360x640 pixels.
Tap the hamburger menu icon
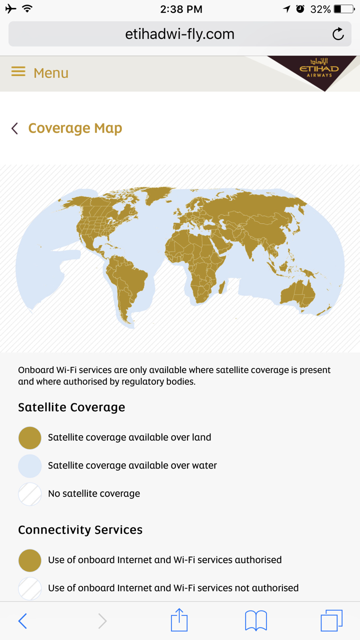point(18,71)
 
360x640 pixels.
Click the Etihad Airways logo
point(319,68)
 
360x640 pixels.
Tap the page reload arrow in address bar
point(338,34)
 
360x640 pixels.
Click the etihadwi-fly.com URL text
point(179,34)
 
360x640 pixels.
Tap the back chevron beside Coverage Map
point(14,128)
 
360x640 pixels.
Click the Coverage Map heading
point(75,128)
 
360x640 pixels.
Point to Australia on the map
point(297,294)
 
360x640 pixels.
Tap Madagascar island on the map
point(221,287)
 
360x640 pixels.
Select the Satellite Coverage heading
point(71,407)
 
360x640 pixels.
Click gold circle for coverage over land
point(29,437)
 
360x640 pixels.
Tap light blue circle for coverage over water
point(29,466)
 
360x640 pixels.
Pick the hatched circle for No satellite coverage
point(29,494)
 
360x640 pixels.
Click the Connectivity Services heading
point(80,529)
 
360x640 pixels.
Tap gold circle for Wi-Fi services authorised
point(29,560)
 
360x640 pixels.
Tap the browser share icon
point(179,619)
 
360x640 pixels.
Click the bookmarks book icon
point(256,620)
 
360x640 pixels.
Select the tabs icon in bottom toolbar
point(331,620)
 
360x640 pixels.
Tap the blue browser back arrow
point(22,621)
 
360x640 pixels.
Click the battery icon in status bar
point(344,9)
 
